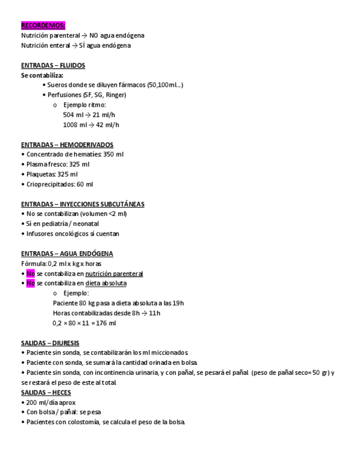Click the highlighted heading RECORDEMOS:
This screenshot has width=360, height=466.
click(43, 25)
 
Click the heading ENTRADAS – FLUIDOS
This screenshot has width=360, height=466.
click(53, 65)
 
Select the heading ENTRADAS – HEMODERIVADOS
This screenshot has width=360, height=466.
click(67, 145)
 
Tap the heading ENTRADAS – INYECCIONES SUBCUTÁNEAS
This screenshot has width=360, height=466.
click(82, 204)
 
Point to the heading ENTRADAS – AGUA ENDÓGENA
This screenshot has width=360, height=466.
click(67, 254)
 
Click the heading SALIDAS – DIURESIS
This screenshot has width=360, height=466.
click(50, 343)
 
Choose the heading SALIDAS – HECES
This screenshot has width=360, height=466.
click(46, 392)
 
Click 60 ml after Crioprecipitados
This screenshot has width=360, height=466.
click(85, 184)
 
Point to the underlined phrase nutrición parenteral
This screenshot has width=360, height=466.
click(114, 274)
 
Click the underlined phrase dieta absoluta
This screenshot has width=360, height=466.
click(106, 284)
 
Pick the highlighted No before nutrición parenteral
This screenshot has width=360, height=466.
click(30, 274)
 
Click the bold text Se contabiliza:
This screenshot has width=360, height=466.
click(42, 75)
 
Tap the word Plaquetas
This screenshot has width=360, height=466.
click(41, 174)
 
